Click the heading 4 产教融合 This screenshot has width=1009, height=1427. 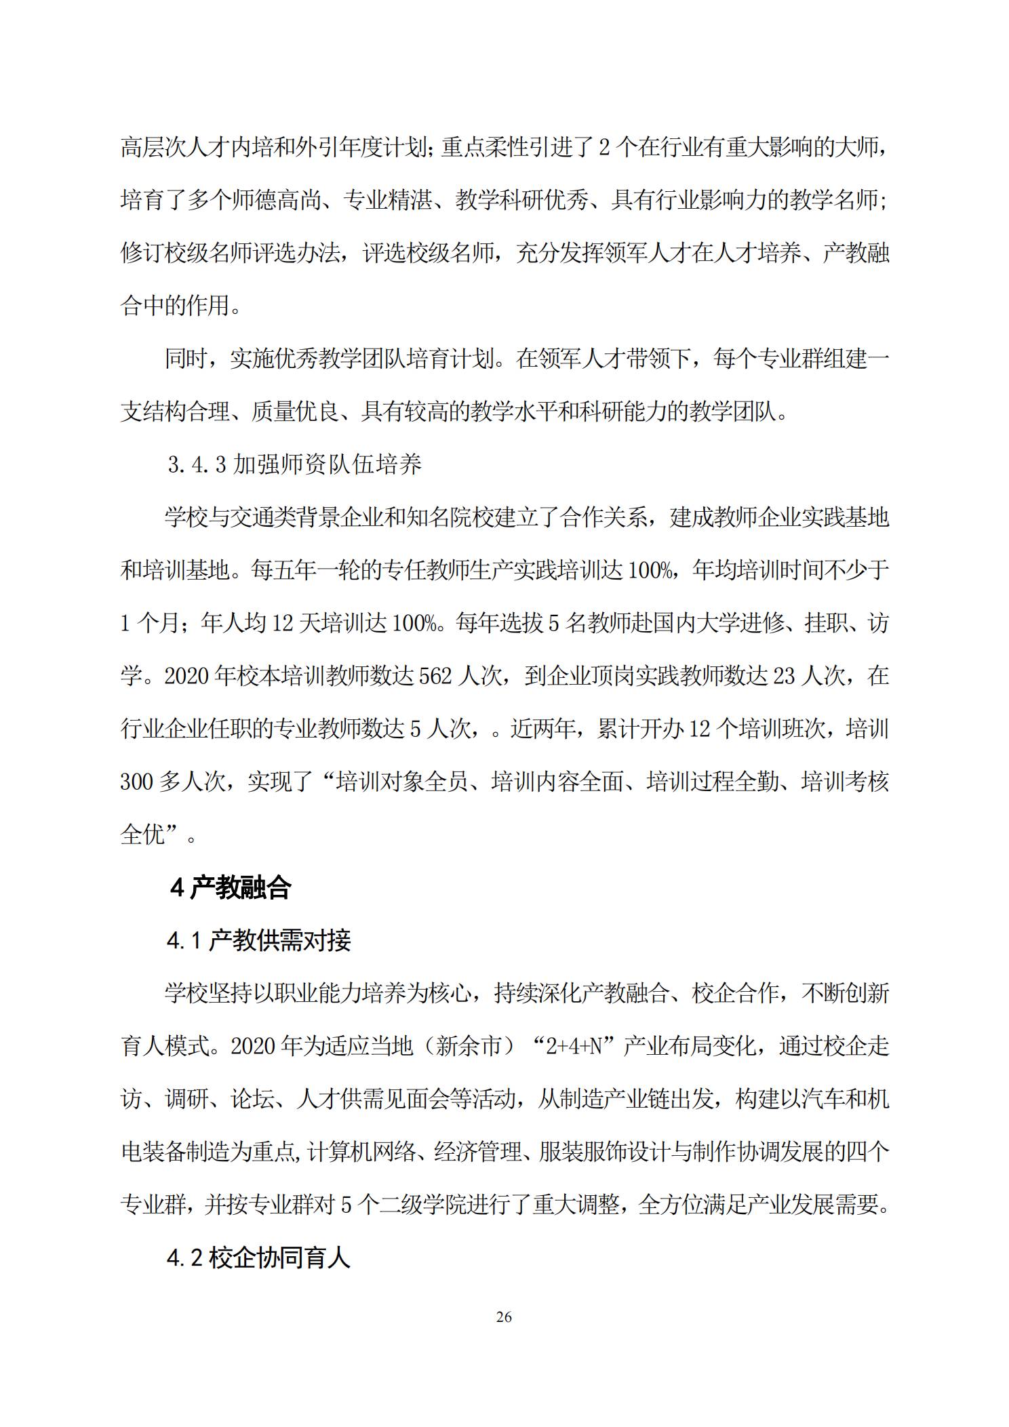231,887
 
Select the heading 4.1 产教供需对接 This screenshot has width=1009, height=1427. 259,941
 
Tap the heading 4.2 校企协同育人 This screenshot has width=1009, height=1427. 259,1258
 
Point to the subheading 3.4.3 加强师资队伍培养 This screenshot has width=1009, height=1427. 295,464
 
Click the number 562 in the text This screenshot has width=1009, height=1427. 435,676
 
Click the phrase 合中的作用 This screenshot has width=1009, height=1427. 175,306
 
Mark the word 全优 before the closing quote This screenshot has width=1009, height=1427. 142,835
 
